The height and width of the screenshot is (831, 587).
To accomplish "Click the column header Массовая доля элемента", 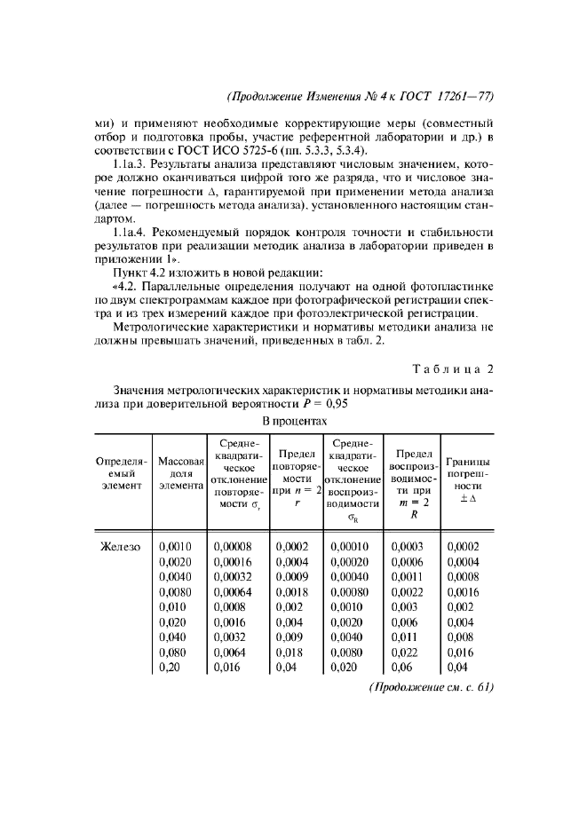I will click(x=181, y=473).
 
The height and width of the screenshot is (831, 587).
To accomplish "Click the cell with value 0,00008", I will click(x=233, y=547).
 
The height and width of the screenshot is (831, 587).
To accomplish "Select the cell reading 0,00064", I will click(x=233, y=590).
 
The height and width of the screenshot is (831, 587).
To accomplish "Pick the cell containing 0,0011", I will click(x=406, y=576).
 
